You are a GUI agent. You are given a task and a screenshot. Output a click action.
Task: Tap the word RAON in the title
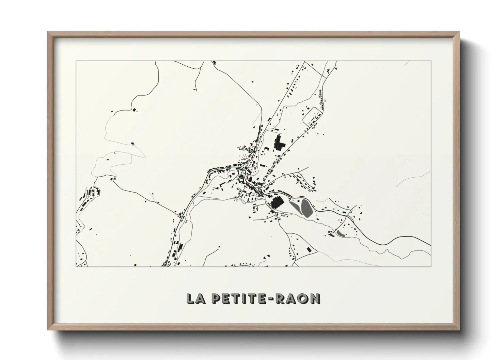pyautogui.click(x=300, y=298)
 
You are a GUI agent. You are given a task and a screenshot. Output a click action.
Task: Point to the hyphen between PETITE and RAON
pyautogui.click(x=275, y=299)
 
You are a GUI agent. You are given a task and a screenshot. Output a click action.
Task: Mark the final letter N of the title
pyautogui.click(x=315, y=298)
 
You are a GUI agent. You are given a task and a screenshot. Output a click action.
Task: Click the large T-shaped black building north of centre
pyautogui.click(x=280, y=143)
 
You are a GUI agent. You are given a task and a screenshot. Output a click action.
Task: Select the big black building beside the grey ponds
pyautogui.click(x=277, y=203)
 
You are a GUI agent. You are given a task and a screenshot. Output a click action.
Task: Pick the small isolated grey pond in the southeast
pyautogui.click(x=340, y=233)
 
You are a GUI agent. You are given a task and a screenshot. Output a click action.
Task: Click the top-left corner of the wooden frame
pyautogui.click(x=48, y=32)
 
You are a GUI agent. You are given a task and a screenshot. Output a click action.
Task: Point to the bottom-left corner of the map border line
pyautogui.click(x=76, y=266)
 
